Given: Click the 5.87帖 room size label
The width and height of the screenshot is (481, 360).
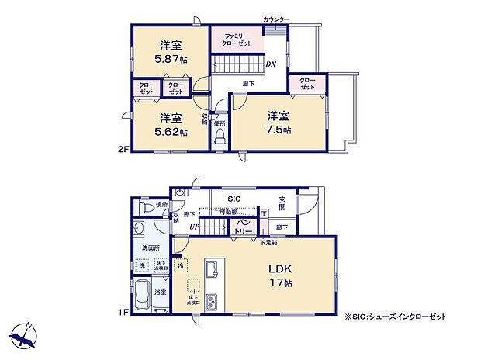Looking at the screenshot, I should coord(171,58).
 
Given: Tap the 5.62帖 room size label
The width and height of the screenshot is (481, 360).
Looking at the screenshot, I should coord(171,132).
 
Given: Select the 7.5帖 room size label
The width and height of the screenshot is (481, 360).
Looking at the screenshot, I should coord(279,130).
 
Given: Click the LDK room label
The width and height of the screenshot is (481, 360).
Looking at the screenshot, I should coord(280,270).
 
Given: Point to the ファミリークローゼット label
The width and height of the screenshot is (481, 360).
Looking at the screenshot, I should coord(236,40).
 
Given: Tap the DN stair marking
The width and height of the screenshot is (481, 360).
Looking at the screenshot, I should coord(272,64).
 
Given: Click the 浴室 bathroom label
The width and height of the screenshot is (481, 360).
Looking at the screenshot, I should coord(159,292).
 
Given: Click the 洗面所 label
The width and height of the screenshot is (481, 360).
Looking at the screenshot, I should coord(151,248).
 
